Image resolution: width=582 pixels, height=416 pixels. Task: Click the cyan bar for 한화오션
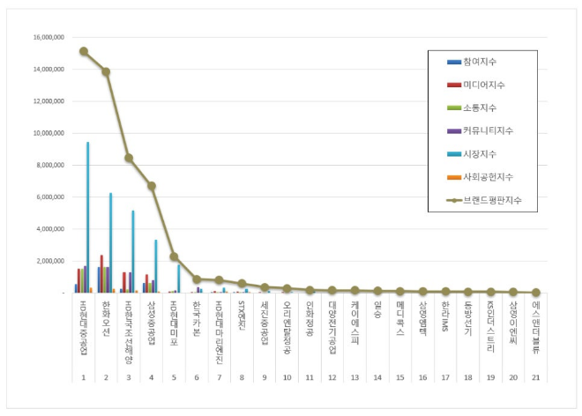(x=110, y=242)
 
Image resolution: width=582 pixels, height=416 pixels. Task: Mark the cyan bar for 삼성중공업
(x=155, y=266)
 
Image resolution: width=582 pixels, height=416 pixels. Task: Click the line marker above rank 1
(x=84, y=51)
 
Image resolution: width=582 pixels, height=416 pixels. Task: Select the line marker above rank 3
(x=129, y=158)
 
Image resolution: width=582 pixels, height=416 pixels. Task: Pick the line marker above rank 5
(x=174, y=256)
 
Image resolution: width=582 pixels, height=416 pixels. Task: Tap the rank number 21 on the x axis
(x=535, y=376)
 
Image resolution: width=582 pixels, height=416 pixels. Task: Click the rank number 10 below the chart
(x=287, y=376)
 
